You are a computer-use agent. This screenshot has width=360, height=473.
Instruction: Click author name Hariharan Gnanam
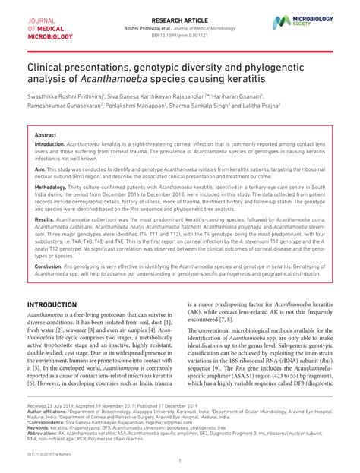[x=237, y=97]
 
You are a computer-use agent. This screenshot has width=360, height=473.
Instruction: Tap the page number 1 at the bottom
[x=180, y=460]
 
